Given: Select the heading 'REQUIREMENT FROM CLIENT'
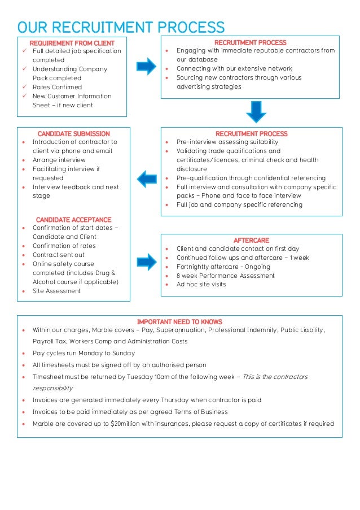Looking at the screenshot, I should coord(72,43).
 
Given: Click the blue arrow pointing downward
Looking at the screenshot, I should coord(256,111).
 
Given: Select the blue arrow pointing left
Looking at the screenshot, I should coord(147,178).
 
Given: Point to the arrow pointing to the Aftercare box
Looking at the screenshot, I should coord(147,261).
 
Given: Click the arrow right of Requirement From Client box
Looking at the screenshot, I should coord(147,66).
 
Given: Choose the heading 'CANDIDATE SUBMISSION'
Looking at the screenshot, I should coord(73,134).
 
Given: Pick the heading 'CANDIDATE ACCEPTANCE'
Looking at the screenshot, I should coord(73,220).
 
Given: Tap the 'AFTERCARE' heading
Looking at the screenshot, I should coord(251,240).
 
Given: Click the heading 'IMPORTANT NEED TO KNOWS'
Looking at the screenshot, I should coord(179,322).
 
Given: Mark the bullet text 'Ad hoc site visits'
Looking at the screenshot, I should coord(201,284).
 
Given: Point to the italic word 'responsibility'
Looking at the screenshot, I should coord(52,388).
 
